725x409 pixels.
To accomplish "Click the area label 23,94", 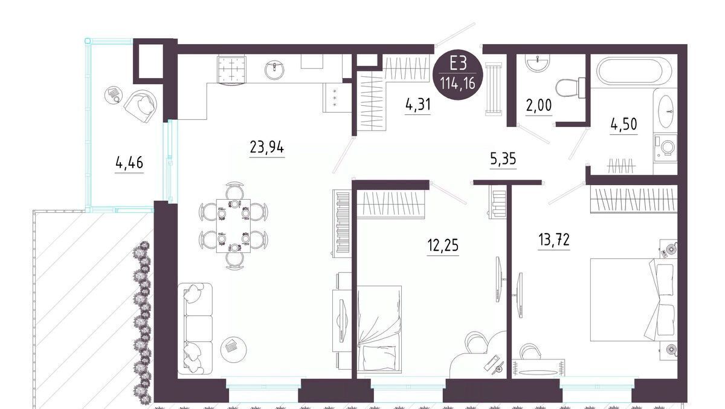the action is coord(267,148).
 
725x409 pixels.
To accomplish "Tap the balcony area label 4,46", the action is coord(129,163).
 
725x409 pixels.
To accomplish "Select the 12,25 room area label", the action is coord(443,245).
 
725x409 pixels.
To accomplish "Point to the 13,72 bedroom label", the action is coord(554,240).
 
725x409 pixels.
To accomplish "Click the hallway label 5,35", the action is coord(503,159).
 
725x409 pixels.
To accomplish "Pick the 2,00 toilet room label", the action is coord(539,105).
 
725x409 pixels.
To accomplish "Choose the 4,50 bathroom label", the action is coord(623,124).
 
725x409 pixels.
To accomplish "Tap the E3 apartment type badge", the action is coord(458,76).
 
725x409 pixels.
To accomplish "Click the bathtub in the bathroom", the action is coord(634,71).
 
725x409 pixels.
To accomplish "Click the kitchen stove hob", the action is coord(232,70).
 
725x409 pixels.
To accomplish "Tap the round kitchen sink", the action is coord(274,70).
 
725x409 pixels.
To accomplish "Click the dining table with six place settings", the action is coord(233,226).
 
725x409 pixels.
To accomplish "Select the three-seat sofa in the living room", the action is coord(195,329).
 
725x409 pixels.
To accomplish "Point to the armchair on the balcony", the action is coord(141,106).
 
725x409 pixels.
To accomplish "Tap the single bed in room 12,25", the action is coord(379,329).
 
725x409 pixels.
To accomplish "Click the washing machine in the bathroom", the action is coord(665,148).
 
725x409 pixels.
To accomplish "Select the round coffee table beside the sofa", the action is coord(233,349).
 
